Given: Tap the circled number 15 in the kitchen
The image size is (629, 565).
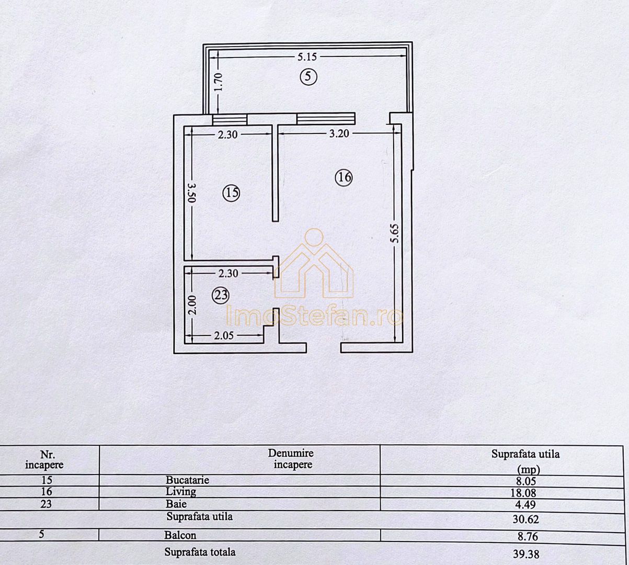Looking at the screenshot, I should coord(231,194).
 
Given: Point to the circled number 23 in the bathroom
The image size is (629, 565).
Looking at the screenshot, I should coord(221,296).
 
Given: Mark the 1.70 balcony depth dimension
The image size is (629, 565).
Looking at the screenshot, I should coord(219,83).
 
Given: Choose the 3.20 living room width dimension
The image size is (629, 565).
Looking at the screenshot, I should coord(338,133).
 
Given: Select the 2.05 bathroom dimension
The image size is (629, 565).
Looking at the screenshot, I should coord(223,336).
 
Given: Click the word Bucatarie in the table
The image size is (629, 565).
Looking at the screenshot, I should coord(187,480).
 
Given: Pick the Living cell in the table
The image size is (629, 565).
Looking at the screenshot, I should coord(181,492).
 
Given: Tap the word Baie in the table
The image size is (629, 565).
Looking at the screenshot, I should coord(176,504).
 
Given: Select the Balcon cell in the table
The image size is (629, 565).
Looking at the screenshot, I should coord(180,535).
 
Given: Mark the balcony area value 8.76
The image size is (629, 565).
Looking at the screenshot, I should coord(525,536).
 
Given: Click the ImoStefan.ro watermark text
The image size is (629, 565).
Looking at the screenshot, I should coord(314,316).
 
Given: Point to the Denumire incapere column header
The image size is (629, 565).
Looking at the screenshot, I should coord(291,459).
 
